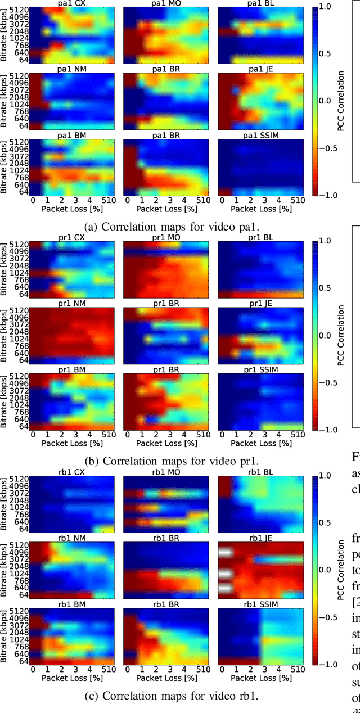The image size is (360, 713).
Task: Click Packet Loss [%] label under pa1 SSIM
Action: (x=259, y=208)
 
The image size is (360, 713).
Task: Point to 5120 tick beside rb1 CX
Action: (x=17, y=478)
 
